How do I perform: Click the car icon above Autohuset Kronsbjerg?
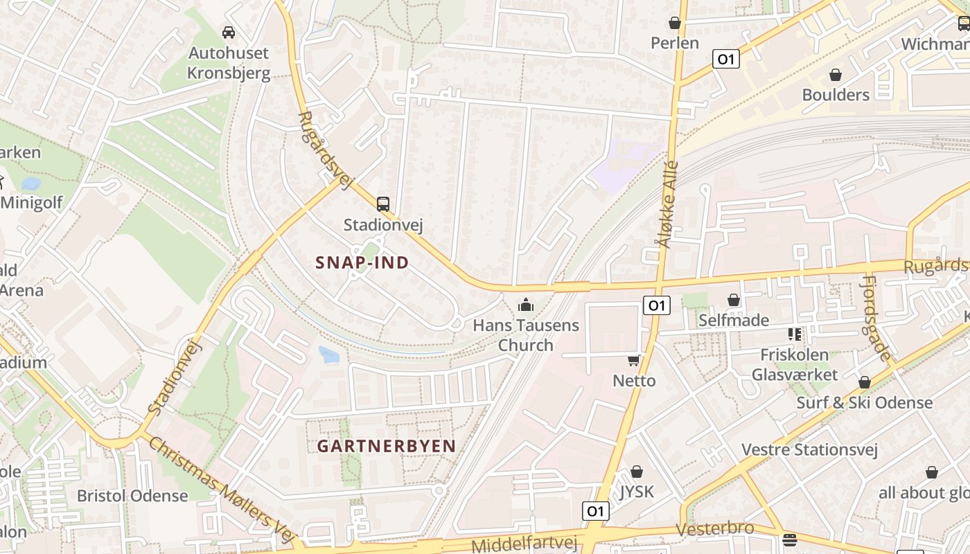coord(229,32)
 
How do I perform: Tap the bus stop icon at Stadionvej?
coord(383,204)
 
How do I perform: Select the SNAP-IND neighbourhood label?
coord(362,263)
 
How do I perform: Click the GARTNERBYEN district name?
coord(387,447)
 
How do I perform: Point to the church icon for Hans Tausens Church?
coord(526,305)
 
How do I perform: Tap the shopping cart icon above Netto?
coord(633,360)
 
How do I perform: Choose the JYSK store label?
coord(637,492)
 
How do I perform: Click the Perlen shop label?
coord(675,43)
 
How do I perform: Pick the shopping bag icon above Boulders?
coord(836,75)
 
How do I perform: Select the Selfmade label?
coord(734,320)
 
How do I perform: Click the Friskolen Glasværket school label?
coord(794,365)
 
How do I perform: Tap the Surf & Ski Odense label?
coord(864,402)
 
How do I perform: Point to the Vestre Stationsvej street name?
coord(809,450)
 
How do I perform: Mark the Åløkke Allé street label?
coord(666,204)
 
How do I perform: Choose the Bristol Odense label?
coord(132,496)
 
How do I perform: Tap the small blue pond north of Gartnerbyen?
coord(328,355)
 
